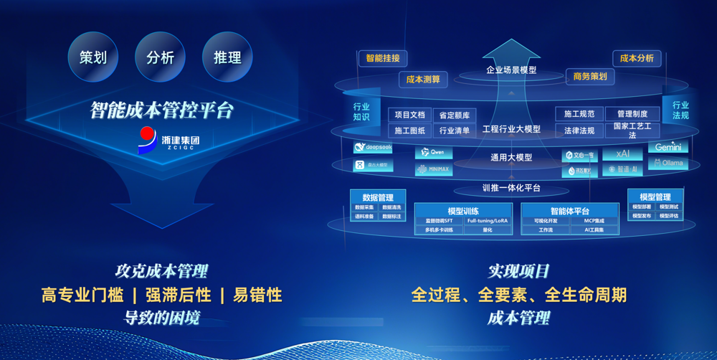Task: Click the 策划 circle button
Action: [93, 57]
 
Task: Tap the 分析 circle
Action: [160, 57]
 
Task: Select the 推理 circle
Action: [227, 57]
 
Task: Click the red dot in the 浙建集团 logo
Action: [148, 134]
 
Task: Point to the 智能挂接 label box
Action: [383, 58]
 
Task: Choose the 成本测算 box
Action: [423, 79]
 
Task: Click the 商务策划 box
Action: [589, 76]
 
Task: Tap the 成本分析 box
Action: [636, 58]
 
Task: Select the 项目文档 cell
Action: [410, 115]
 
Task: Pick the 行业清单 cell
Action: [455, 131]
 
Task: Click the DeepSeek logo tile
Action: [373, 147]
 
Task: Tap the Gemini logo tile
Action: [668, 147]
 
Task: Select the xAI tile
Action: [622, 153]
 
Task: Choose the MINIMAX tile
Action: [433, 169]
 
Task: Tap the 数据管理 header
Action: [378, 197]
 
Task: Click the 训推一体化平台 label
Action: [511, 189]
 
